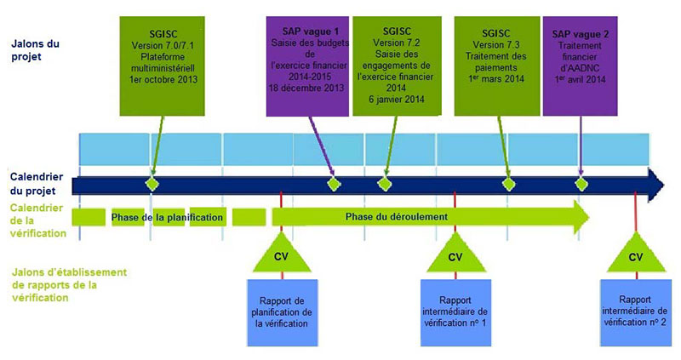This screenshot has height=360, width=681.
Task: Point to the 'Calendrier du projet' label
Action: point(35,182)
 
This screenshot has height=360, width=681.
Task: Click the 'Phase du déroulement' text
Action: point(396,217)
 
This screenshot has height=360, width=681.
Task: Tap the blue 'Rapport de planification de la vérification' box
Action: point(283,311)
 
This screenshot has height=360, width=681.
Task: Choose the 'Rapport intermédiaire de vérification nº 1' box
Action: point(455,311)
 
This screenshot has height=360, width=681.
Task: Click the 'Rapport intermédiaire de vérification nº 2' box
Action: point(635,311)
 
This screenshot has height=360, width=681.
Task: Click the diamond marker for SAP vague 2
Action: point(581,184)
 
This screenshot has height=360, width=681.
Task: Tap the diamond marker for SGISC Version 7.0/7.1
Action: point(152,184)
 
